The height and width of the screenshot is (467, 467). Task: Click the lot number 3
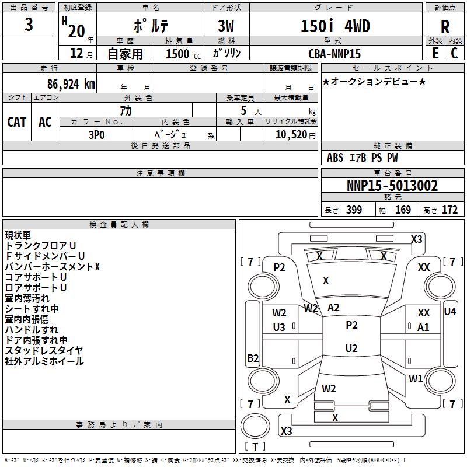pyautogui.click(x=29, y=25)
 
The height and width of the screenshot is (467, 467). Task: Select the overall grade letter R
pyautogui.click(x=445, y=27)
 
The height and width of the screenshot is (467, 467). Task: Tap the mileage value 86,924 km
pyautogui.click(x=71, y=84)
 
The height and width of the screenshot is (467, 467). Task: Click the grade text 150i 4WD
pyautogui.click(x=335, y=26)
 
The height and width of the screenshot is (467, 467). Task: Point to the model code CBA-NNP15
pyautogui.click(x=334, y=54)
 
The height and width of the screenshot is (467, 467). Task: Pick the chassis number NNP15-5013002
pyautogui.click(x=392, y=186)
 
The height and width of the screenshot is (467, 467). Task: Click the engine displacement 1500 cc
pyautogui.click(x=183, y=54)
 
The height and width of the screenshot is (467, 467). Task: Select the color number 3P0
pyautogui.click(x=96, y=135)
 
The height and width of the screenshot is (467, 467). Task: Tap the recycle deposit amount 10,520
pyautogui.click(x=291, y=135)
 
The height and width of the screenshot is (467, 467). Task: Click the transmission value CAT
pyautogui.click(x=17, y=122)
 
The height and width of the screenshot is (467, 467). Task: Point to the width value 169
pyautogui.click(x=403, y=210)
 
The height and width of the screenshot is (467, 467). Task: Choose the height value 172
pyautogui.click(x=449, y=210)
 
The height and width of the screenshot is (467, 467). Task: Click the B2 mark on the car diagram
pyautogui.click(x=253, y=358)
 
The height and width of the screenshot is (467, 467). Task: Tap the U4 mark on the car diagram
pyautogui.click(x=450, y=312)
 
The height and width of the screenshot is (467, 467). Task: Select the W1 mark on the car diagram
pyautogui.click(x=416, y=378)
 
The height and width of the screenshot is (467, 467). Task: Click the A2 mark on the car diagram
pyautogui.click(x=333, y=308)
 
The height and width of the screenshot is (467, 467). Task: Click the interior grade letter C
pyautogui.click(x=454, y=53)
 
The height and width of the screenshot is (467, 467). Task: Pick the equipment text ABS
pyautogui.click(x=335, y=158)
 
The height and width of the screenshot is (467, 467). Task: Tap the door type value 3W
pyautogui.click(x=226, y=26)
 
